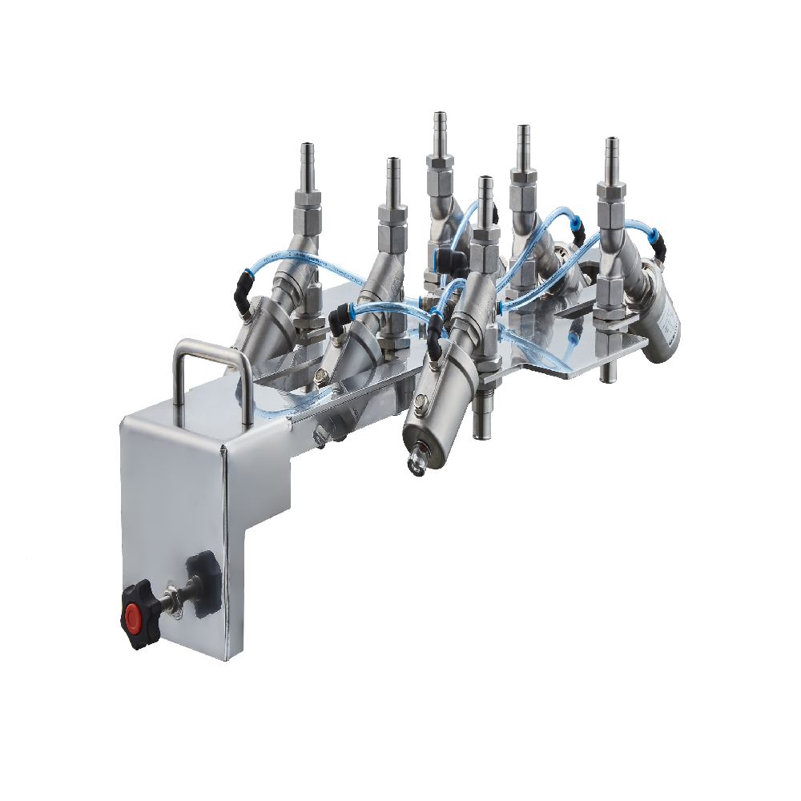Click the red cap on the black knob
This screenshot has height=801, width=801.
click(x=133, y=617)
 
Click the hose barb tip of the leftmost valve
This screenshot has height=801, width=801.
click(x=305, y=154)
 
